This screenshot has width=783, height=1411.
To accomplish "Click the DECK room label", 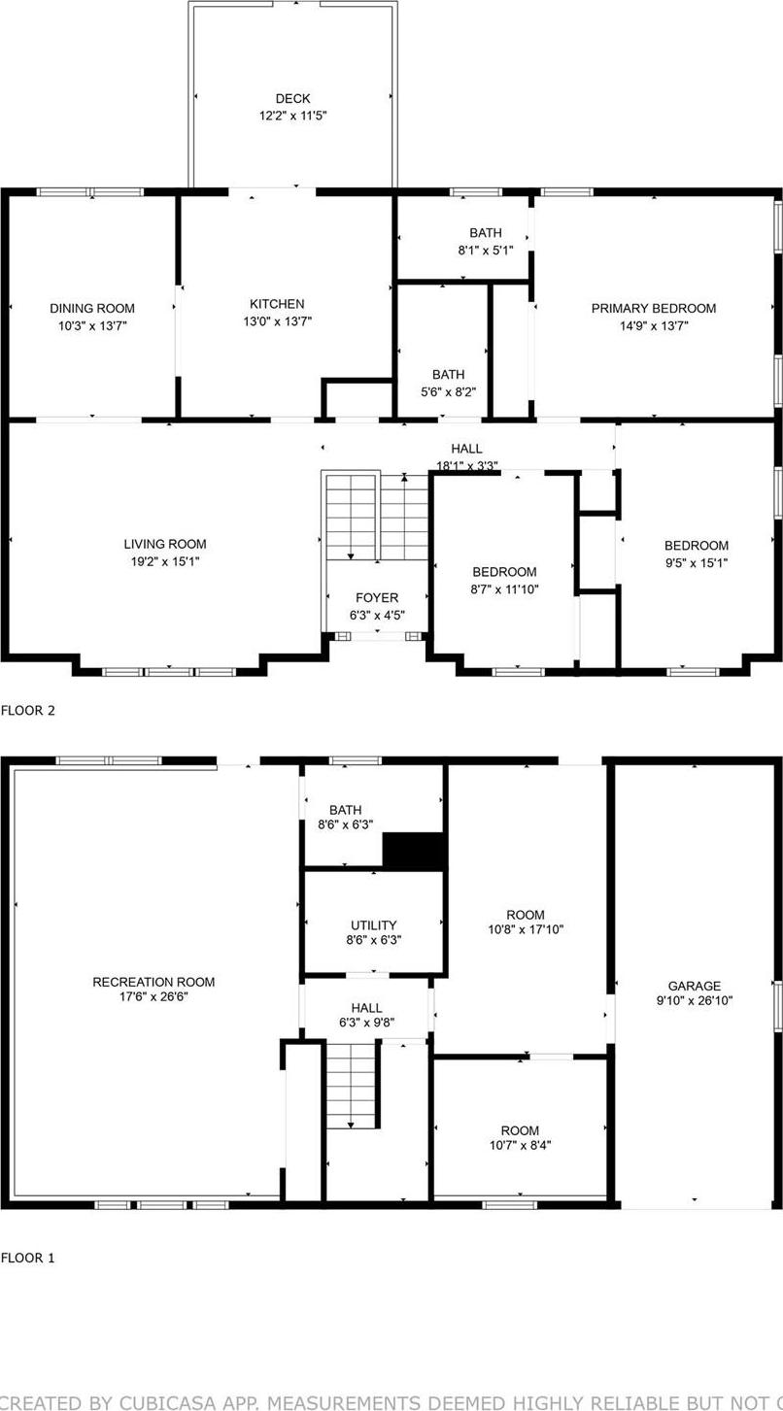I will point(292,98).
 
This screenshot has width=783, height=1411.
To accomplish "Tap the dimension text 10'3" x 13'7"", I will point(92,326).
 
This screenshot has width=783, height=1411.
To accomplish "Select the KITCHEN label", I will point(277,304).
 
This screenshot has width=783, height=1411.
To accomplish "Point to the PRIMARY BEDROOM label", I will point(653,308).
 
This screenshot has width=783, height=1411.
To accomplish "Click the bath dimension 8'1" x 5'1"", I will point(486,250).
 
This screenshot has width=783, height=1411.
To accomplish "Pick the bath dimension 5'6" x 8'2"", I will point(448,392).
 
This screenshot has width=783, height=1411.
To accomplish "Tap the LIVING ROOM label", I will point(165,544).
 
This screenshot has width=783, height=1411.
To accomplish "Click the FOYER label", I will point(376,597).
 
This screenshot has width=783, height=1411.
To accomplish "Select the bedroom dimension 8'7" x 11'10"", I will point(505,589).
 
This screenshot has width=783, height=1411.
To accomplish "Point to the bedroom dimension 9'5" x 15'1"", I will point(696,563).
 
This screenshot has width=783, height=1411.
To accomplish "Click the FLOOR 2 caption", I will point(28,710).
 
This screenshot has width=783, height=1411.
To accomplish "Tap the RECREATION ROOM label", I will point(153,982).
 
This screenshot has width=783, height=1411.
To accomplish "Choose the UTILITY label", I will point(374,925).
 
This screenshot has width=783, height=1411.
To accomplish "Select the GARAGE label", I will point(694,986).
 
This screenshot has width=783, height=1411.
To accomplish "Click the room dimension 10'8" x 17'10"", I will point(526,929).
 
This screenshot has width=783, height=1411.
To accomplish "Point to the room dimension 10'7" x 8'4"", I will point(520,1145).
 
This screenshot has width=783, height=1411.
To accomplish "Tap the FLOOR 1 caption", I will point(28,1258).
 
